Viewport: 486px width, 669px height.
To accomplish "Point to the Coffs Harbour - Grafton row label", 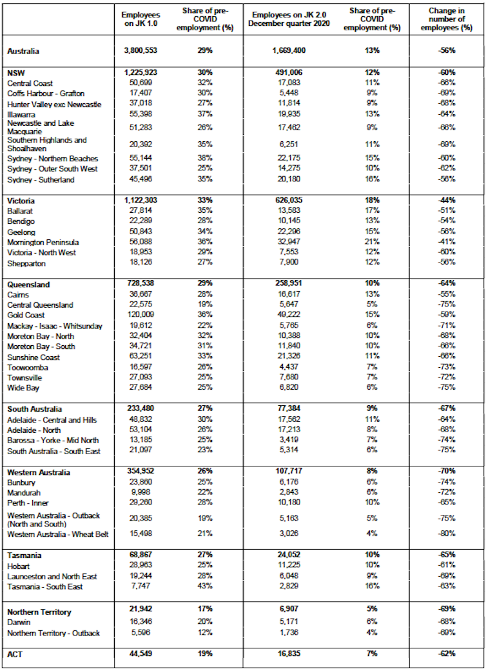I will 45,94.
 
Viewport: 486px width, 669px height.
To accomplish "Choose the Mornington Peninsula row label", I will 42,243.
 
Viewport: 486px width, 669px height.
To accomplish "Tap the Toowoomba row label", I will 28,368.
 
